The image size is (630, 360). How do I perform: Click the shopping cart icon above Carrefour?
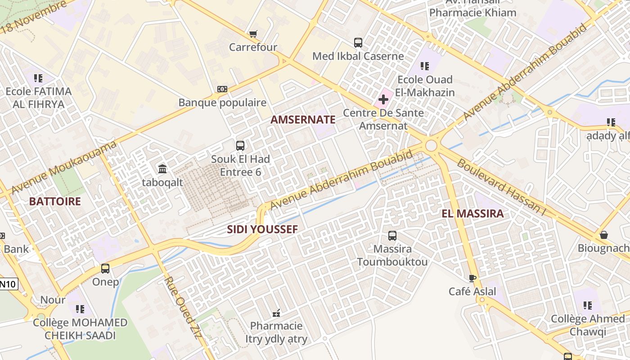pyautogui.click(x=253, y=34)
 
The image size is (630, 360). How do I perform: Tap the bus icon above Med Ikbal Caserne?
pyautogui.click(x=358, y=43)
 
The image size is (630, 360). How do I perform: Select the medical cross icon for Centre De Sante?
pyautogui.click(x=383, y=99)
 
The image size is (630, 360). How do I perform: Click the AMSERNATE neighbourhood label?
pyautogui.click(x=303, y=120)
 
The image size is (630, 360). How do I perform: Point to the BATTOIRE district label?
pyautogui.click(x=55, y=201)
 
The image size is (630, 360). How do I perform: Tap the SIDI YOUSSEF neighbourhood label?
pyautogui.click(x=262, y=229)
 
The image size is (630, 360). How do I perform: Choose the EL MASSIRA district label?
pyautogui.click(x=472, y=214)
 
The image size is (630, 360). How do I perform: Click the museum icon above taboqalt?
pyautogui.click(x=162, y=169)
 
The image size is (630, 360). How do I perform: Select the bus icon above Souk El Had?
pyautogui.click(x=240, y=145)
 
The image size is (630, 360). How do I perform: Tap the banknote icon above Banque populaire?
pyautogui.click(x=222, y=89)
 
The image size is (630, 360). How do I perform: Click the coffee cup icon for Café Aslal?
pyautogui.click(x=472, y=278)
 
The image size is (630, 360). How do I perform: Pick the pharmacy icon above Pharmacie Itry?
pyautogui.click(x=276, y=312)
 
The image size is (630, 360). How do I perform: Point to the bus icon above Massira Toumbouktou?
pyautogui.click(x=392, y=235)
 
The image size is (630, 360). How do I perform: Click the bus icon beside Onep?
pyautogui.click(x=105, y=269)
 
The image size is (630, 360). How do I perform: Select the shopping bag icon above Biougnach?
pyautogui.click(x=604, y=235)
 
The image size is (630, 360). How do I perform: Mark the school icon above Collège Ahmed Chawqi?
pyautogui.click(x=588, y=306)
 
